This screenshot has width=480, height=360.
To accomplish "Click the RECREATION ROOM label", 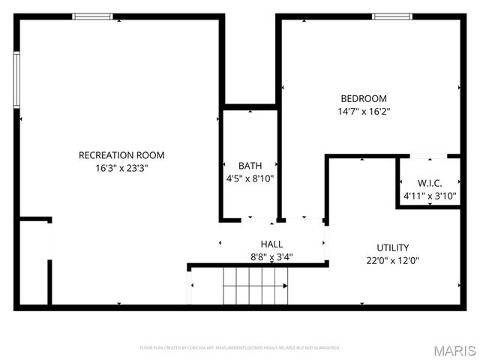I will click(x=121, y=155).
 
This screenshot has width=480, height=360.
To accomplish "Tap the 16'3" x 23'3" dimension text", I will click(x=121, y=169).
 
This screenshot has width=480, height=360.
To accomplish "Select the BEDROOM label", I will click(x=364, y=98).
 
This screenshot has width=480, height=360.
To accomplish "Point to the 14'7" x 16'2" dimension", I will click(x=364, y=112).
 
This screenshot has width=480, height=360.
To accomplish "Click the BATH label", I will click(x=250, y=166).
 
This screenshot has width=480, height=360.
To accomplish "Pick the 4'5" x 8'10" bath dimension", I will click(x=250, y=178).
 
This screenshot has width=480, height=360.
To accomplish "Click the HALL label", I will click(x=271, y=244).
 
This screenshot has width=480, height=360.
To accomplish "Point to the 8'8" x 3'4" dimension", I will click(x=271, y=256).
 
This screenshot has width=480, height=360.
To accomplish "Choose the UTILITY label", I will click(x=392, y=247).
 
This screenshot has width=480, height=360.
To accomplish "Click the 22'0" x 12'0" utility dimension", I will click(x=392, y=261).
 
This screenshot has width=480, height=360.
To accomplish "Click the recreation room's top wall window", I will click(x=92, y=16).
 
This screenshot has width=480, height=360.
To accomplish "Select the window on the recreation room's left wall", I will click(x=16, y=79).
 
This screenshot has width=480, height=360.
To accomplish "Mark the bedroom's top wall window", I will click(x=392, y=16).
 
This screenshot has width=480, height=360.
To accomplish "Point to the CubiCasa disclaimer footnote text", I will click(x=240, y=348).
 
